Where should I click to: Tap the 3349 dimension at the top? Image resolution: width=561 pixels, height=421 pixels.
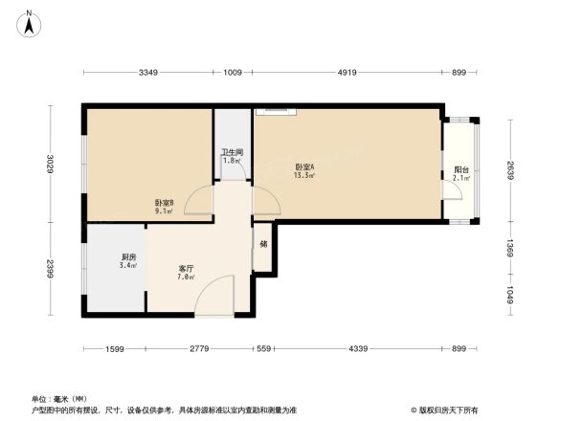(x=147, y=73)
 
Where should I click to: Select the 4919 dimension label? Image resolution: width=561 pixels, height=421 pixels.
(x=347, y=73)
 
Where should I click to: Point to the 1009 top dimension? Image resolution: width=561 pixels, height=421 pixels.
(x=233, y=73)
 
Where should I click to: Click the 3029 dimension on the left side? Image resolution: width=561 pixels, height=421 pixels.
(x=50, y=165)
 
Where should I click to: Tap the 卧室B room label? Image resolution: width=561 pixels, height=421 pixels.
(x=164, y=202)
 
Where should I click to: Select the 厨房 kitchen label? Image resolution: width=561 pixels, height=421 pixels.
(x=128, y=257)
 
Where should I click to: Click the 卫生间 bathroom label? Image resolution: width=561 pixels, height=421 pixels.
(x=232, y=151)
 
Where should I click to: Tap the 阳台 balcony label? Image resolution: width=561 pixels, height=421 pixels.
(x=460, y=169)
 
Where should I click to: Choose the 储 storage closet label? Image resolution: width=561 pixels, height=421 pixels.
(x=263, y=243)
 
